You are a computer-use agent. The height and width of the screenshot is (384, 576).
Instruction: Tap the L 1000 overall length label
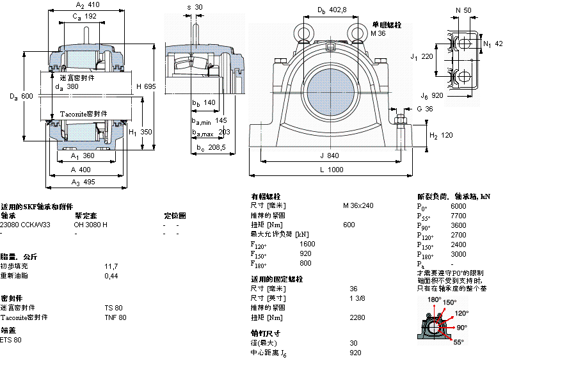336,170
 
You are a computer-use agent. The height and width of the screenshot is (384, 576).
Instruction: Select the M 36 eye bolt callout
378,33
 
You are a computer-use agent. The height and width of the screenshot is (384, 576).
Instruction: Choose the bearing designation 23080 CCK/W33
25,225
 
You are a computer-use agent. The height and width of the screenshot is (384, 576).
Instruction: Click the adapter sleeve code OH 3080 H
90,225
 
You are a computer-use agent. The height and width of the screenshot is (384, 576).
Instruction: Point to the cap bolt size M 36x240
358,205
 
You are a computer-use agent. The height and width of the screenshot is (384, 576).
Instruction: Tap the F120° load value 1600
307,244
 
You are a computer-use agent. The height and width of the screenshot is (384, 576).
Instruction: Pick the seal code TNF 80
115,317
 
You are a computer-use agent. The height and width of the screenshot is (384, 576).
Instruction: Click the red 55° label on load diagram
458,342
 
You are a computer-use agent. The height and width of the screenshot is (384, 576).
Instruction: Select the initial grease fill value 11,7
111,266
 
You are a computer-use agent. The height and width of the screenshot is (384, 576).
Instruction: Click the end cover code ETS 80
11,340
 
